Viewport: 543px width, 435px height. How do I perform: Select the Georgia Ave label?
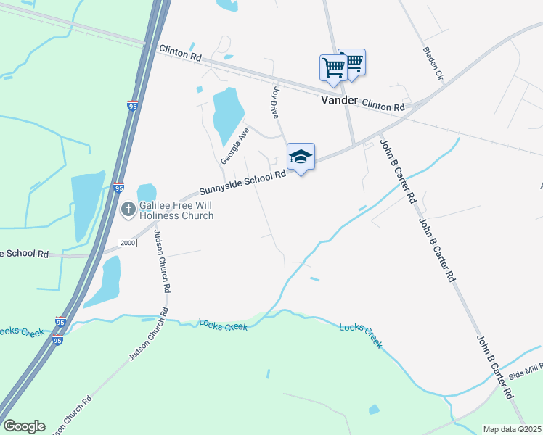(235, 145)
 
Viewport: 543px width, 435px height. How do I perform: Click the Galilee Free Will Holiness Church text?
(176, 210)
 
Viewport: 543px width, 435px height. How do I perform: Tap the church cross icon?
(128, 210)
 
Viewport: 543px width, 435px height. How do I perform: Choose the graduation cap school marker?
(301, 157)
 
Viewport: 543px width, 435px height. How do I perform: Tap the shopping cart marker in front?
(332, 67)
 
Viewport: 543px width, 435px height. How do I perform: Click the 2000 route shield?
(128, 242)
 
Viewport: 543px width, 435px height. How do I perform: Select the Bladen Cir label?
(433, 63)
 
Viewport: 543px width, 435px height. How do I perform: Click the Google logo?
(24, 426)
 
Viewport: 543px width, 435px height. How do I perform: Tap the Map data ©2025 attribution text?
(512, 429)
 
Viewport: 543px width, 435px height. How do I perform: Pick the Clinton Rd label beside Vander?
(383, 106)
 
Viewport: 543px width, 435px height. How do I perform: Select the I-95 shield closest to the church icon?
(118, 188)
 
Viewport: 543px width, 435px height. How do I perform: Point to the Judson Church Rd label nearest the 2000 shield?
(166, 265)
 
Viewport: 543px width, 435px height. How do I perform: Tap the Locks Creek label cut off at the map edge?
(13, 331)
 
